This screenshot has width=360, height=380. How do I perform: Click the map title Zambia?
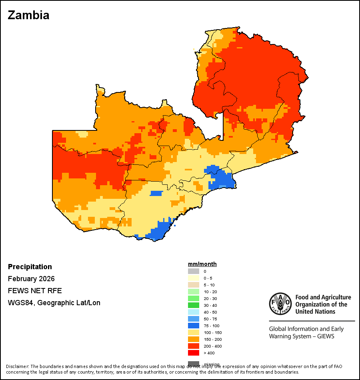[29, 15]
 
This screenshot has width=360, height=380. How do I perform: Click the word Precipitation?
[30, 267]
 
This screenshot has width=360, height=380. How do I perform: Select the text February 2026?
[31, 279]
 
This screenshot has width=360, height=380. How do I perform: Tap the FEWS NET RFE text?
[35, 291]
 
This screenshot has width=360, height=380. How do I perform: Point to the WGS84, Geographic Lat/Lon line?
[54, 303]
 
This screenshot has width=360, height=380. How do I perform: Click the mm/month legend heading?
[202, 264]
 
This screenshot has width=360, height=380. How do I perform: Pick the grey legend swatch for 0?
[194, 271]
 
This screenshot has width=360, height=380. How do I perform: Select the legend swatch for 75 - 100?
[194, 326]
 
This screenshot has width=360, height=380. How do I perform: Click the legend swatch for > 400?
[194, 353]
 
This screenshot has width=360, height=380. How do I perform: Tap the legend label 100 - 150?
[212, 332]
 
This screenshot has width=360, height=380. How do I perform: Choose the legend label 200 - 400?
[212, 346]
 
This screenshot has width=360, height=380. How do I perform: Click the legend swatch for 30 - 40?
[194, 305]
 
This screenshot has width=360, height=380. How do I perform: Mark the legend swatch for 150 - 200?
[194, 339]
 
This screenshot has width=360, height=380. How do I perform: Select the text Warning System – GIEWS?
[302, 336]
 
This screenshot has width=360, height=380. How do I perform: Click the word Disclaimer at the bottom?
[17, 366]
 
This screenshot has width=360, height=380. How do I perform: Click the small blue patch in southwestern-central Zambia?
[156, 193]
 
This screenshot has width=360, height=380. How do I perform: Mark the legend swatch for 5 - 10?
[194, 285]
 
